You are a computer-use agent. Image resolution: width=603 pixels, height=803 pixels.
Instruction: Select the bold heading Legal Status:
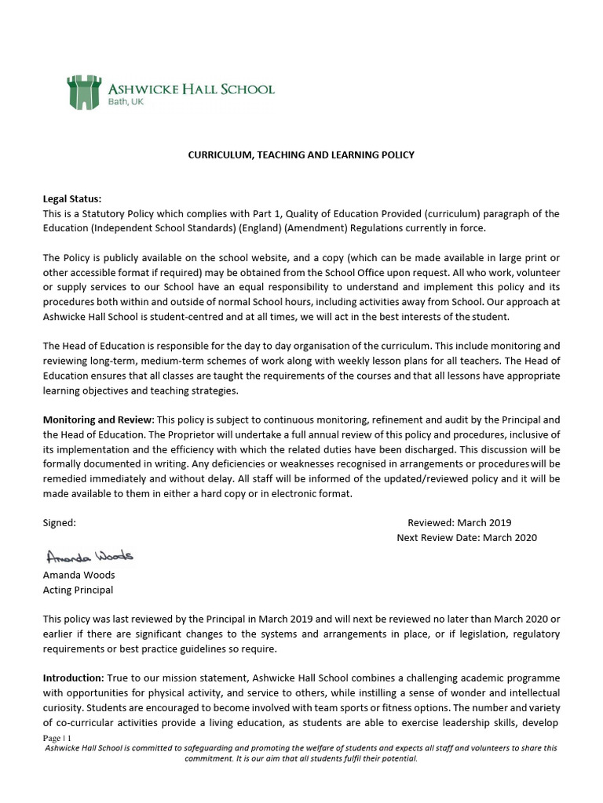pyautogui.click(x=72, y=199)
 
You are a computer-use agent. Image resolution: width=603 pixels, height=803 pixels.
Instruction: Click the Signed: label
pyautogui.click(x=60, y=522)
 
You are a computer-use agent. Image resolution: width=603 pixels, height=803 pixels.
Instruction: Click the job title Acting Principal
pyautogui.click(x=78, y=590)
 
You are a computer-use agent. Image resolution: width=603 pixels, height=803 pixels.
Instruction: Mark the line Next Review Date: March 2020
pyautogui.click(x=467, y=537)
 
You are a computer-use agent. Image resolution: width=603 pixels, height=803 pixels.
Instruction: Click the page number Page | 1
pyautogui.click(x=57, y=739)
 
